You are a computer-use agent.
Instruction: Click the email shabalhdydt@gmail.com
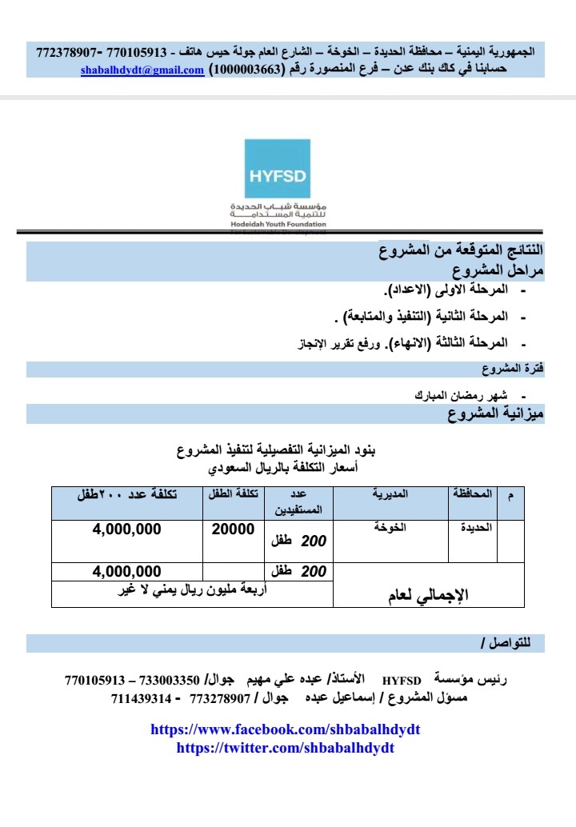(142, 70)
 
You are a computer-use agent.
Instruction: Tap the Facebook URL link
(286, 729)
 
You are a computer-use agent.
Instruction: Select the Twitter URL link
(285, 748)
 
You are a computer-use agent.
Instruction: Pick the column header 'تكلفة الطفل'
(234, 494)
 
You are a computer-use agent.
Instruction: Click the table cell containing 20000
(234, 529)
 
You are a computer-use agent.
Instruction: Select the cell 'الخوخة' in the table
(390, 528)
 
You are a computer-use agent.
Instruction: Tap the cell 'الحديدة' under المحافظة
(473, 528)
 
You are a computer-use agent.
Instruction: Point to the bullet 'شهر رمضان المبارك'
(463, 395)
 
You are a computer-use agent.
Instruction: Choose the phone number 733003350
(169, 681)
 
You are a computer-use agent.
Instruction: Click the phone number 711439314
(141, 698)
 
